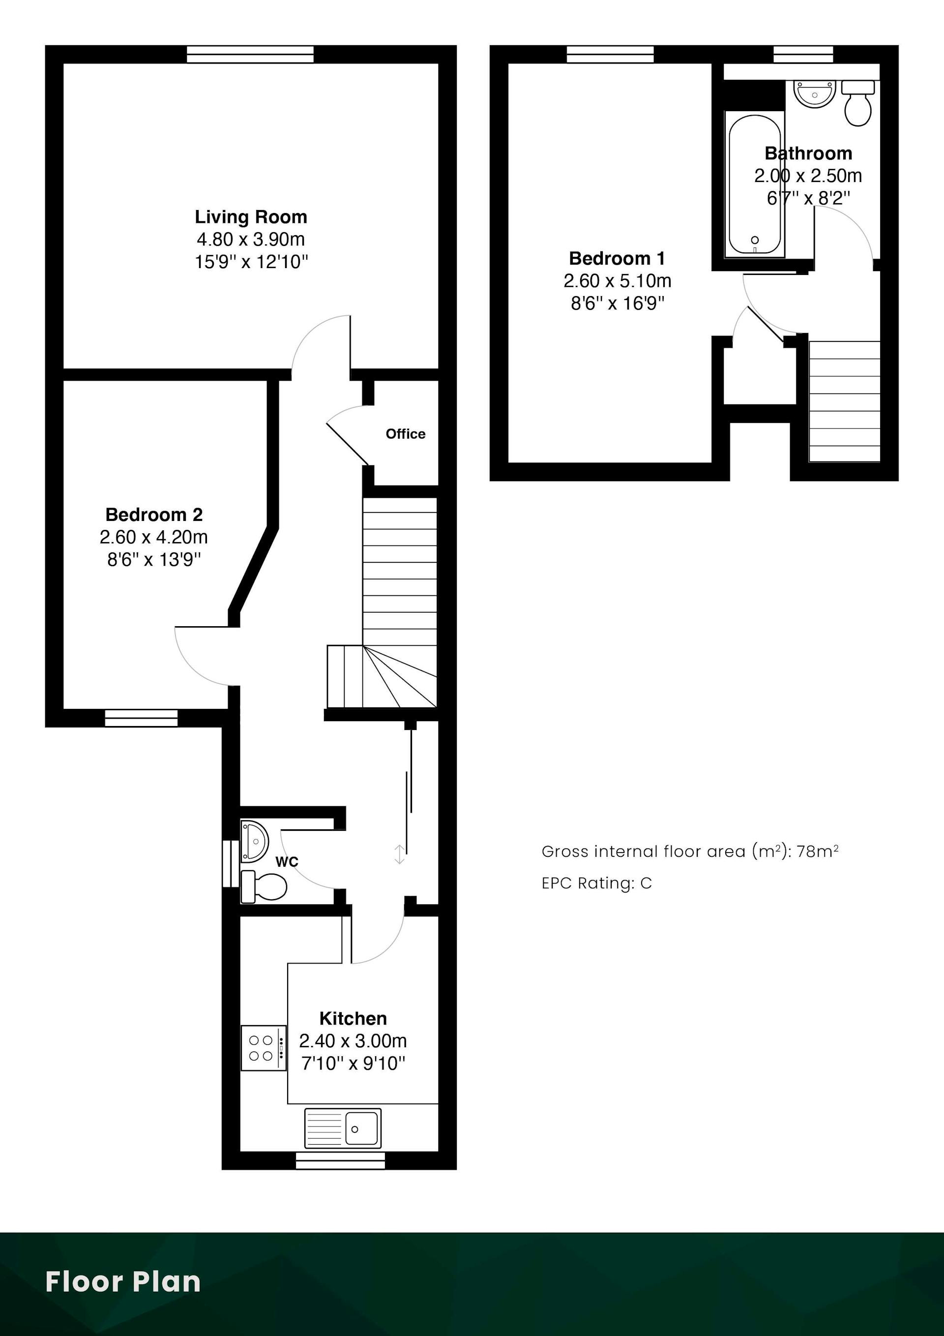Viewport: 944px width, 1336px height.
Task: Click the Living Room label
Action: tap(251, 217)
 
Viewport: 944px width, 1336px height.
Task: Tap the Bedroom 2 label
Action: tap(154, 515)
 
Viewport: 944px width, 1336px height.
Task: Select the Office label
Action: tap(406, 433)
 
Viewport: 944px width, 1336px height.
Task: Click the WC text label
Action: tap(287, 862)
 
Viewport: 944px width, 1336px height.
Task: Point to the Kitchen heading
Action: tap(353, 1018)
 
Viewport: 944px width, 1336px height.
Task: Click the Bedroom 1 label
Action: tap(617, 258)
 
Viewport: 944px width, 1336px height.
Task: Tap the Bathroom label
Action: tap(808, 153)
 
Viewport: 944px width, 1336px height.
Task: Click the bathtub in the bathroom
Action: tap(754, 184)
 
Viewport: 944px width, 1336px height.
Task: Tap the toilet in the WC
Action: tap(264, 887)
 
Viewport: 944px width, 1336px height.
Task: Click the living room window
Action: tap(250, 55)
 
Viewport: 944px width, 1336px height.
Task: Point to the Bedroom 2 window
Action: tap(141, 718)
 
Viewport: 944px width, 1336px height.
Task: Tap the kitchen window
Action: tap(340, 1160)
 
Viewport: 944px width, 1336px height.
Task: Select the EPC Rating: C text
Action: tap(597, 883)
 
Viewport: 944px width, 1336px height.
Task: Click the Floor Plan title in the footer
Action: tap(123, 1282)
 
